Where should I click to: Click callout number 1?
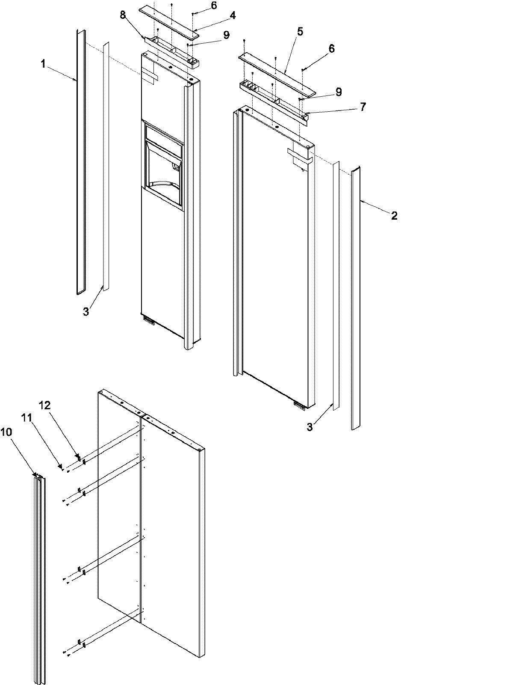pos(43,64)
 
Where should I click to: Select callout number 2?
pos(394,216)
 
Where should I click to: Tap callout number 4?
pos(232,16)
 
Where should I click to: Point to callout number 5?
pos(300,32)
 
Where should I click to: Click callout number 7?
pos(363,107)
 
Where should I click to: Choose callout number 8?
pos(123,16)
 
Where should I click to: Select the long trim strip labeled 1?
pos(81,163)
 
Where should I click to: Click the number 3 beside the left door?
pos(86,312)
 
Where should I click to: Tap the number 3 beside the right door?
pos(310,426)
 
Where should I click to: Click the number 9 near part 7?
pos(339,91)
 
